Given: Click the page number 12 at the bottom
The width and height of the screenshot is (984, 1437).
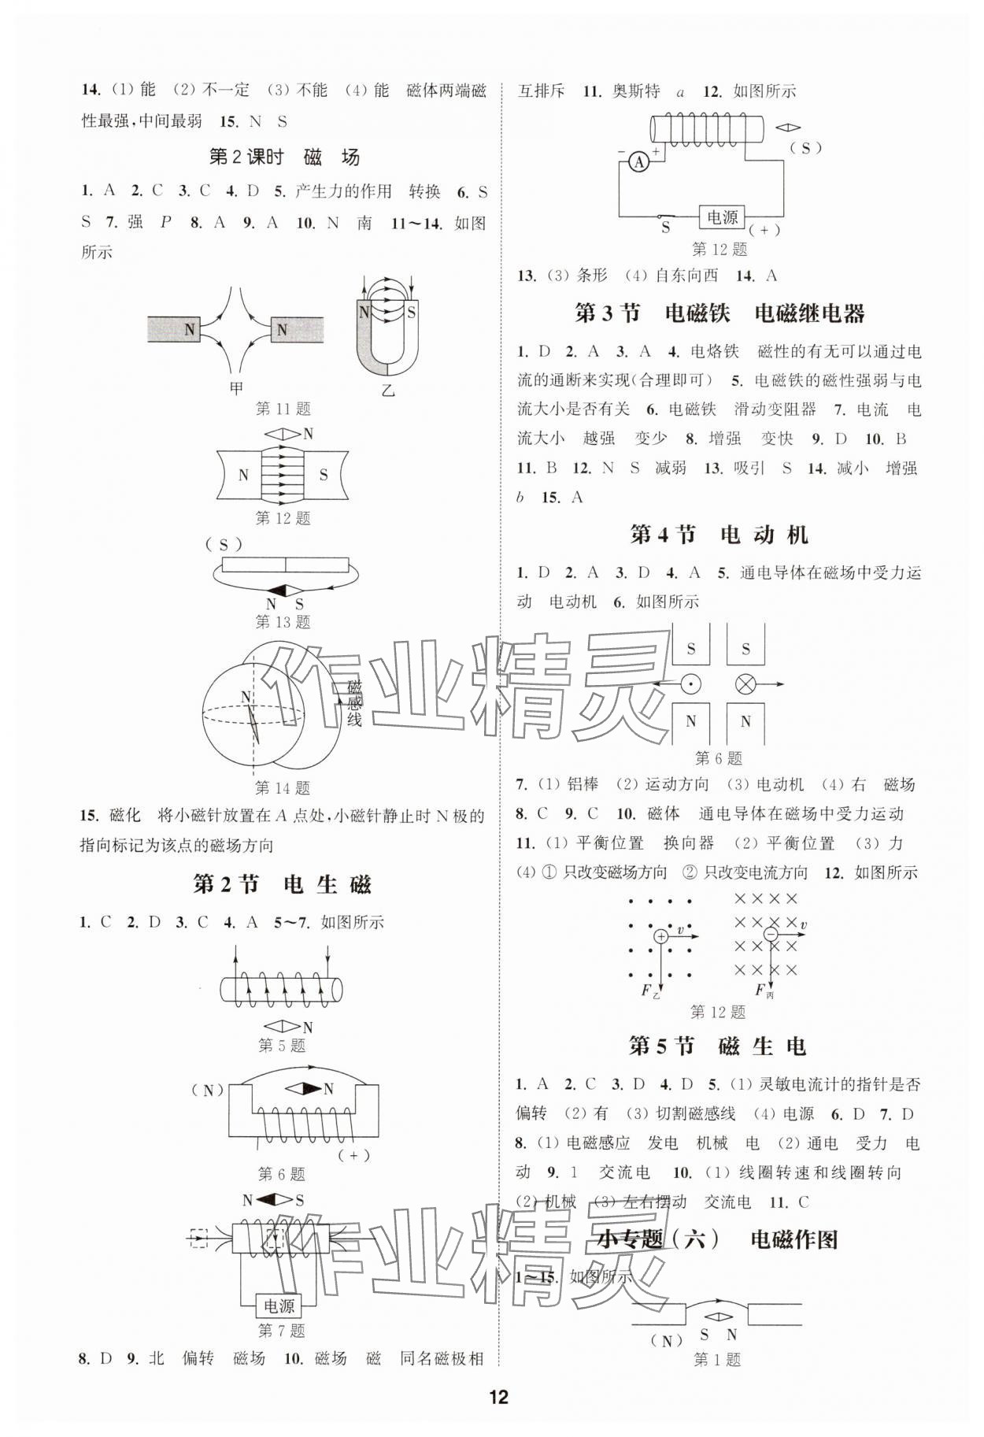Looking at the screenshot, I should pos(498,1398).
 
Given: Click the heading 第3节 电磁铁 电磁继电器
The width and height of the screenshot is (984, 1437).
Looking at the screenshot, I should pos(720,313).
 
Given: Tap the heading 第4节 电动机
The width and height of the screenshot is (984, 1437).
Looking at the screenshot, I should pos(719,535).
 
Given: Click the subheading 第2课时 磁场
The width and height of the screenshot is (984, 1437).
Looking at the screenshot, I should pos(283,157).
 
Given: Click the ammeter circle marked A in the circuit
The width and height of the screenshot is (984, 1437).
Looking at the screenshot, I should pos(639,162).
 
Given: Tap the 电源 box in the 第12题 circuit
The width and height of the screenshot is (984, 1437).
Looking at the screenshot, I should pos(722,217).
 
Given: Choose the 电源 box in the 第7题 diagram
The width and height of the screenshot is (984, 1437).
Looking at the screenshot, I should pos(279,1306).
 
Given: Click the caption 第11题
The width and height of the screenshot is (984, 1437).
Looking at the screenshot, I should pos(283,409).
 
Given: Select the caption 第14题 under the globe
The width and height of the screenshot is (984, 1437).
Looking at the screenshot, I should pos(283,787).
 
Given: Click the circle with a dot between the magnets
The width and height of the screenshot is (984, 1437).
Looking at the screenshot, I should pos(691,684).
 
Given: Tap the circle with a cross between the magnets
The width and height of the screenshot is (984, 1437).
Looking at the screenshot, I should pos(745,684).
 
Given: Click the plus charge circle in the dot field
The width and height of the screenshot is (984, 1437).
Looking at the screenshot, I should pos(661,935).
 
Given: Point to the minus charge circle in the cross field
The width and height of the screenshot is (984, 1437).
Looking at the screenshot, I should pos(771,935).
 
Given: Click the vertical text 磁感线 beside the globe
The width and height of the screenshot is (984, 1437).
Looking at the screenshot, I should pos(354,702).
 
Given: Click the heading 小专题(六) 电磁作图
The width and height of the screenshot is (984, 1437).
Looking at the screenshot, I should pos(717,1239).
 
